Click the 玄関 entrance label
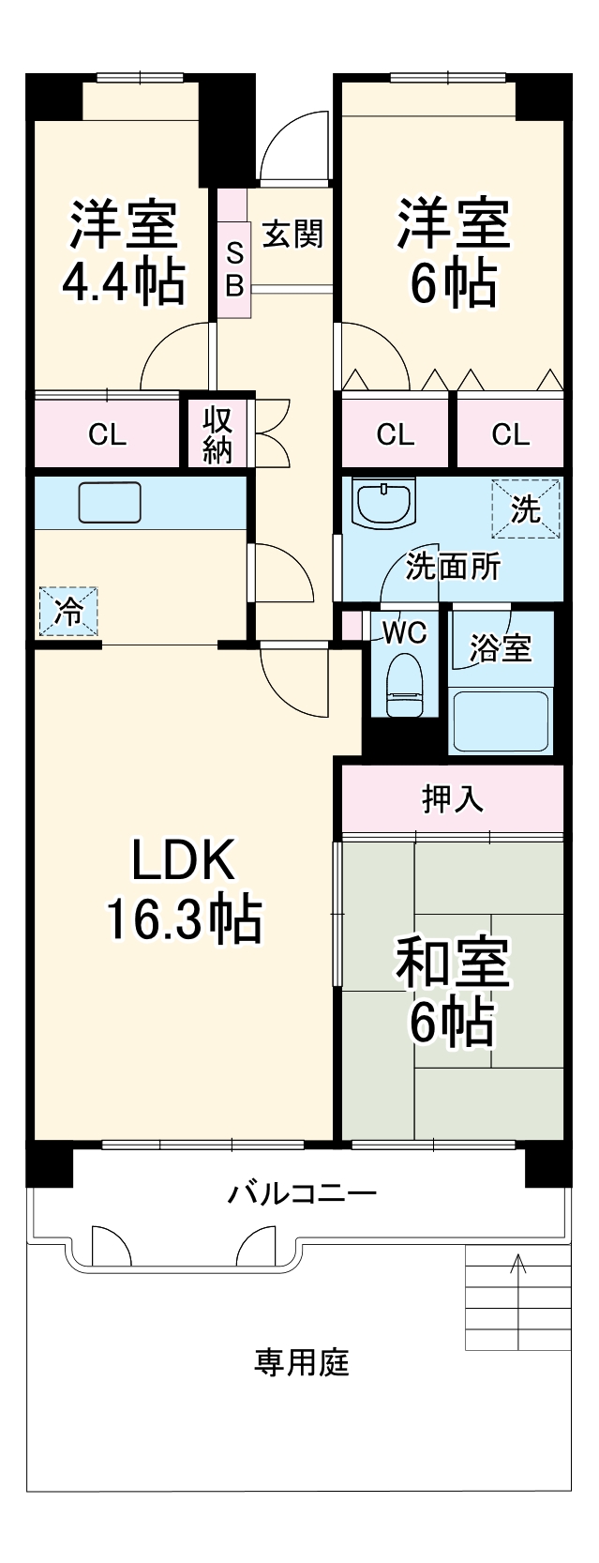[292, 234]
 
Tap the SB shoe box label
[234, 268]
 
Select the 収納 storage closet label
[217, 433]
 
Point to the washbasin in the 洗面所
[383, 504]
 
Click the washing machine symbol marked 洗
[525, 508]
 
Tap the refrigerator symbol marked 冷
[67, 611]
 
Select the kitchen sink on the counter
[110, 502]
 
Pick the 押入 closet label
[453, 798]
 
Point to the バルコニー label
[303, 1193]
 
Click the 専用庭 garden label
[302, 1362]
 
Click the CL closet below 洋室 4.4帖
[107, 434]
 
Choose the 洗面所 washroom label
[453, 567]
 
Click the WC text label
[406, 632]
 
